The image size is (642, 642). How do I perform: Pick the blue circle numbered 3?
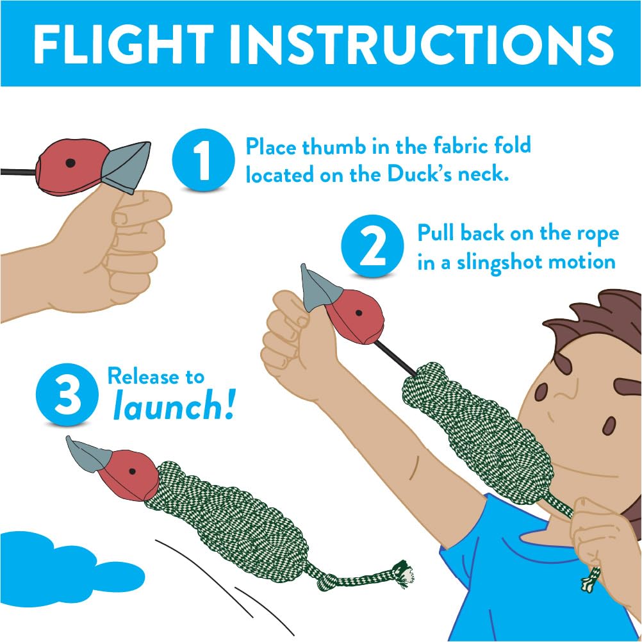click(x=67, y=396)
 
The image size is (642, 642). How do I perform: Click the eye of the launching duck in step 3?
click(x=132, y=471)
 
